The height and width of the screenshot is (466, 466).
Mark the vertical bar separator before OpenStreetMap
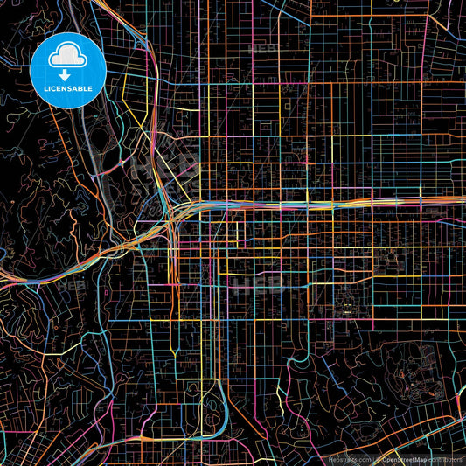pyautogui.click(x=373, y=459)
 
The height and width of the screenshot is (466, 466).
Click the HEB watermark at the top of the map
pyautogui.click(x=262, y=48)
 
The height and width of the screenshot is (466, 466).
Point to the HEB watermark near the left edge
pyautogui.click(x=70, y=285)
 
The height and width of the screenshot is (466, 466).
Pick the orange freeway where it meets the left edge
pyautogui.click(x=3, y=281)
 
